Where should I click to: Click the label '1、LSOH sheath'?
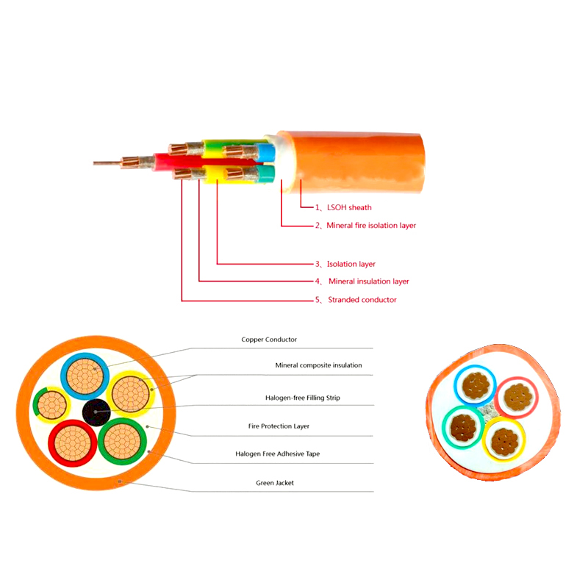click(x=343, y=207)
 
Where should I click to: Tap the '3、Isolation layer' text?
click(x=345, y=264)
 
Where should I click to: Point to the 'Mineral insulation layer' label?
click(x=369, y=282)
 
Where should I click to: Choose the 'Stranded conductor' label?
click(x=362, y=300)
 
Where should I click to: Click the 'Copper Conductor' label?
click(x=269, y=340)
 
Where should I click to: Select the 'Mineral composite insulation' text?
click(x=318, y=365)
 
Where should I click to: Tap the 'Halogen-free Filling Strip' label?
click(x=303, y=398)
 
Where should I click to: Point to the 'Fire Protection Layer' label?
click(x=279, y=426)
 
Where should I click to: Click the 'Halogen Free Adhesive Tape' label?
click(x=278, y=453)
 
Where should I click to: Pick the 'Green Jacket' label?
click(x=275, y=483)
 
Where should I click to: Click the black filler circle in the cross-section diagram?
click(x=96, y=412)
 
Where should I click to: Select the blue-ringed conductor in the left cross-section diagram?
click(x=85, y=376)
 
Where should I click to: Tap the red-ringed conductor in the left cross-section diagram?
click(x=73, y=443)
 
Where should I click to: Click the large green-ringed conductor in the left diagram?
click(x=122, y=442)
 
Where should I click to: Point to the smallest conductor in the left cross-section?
click(x=51, y=406)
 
